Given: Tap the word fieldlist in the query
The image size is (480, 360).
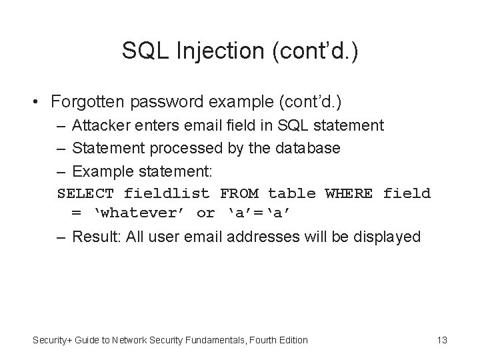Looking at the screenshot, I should coord(167,193).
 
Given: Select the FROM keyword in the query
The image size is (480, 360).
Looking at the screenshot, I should coord(239,193).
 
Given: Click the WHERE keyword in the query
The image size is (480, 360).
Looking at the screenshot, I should coord(349,193).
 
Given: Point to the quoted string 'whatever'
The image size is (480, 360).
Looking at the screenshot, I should coord(139,213).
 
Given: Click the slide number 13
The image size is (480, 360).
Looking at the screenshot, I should coord(441,340).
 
